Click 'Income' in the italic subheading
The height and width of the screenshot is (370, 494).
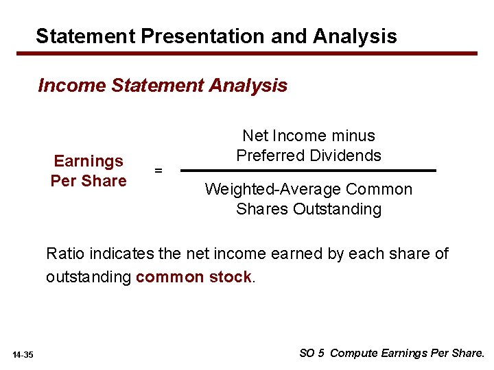pyautogui.click(x=72, y=86)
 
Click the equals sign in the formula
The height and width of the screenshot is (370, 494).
pyautogui.click(x=158, y=171)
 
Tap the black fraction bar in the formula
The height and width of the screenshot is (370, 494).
pyautogui.click(x=308, y=171)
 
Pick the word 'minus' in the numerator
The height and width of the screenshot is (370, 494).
pyautogui.click(x=352, y=136)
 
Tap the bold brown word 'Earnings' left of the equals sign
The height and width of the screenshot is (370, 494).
pyautogui.click(x=89, y=161)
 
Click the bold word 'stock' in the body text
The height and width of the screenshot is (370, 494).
pyautogui.click(x=232, y=277)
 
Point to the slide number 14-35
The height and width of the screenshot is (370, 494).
pyautogui.click(x=23, y=354)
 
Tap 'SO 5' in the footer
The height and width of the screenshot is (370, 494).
pyautogui.click(x=312, y=354)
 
